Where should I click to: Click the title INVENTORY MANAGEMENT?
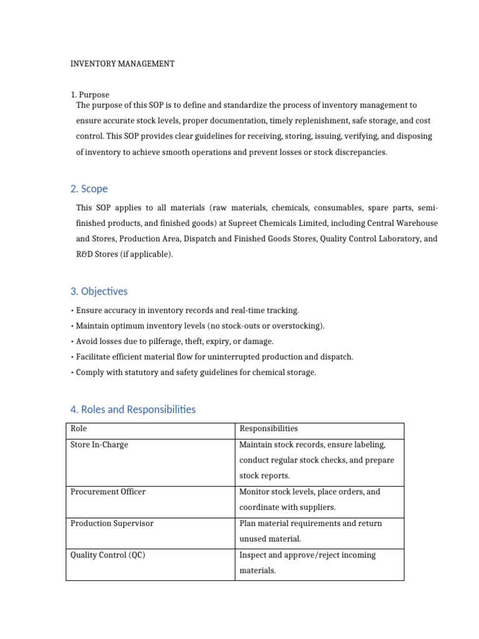click(122, 64)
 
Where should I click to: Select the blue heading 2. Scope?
click(89, 188)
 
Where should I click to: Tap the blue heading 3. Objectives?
click(99, 291)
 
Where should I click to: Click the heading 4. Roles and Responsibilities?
click(133, 409)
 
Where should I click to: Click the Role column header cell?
click(79, 429)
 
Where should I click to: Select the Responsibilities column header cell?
click(269, 429)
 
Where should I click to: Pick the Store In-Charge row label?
click(99, 445)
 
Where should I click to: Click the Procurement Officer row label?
click(108, 492)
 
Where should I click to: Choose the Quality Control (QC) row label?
click(108, 555)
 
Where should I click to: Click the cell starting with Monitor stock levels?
click(309, 499)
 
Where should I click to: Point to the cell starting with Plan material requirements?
click(311, 531)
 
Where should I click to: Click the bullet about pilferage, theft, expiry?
click(175, 341)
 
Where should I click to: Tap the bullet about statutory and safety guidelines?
click(196, 373)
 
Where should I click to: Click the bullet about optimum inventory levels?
click(200, 326)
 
